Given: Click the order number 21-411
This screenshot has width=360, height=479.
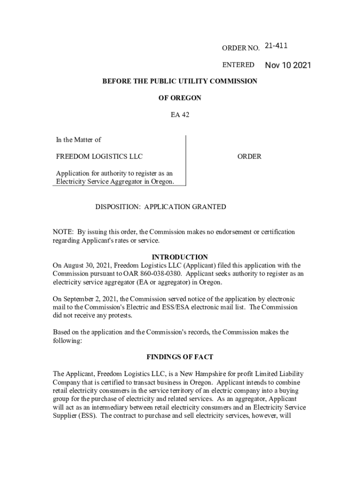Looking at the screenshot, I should pos(276,46).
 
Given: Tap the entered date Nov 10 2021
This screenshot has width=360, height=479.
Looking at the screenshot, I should pos(288,65).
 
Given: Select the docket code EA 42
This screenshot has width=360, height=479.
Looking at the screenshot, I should pos(180,114).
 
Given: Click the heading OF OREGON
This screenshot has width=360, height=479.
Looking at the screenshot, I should pos(180,98).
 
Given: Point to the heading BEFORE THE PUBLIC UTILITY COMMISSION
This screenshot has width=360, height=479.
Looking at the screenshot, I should pos(180,81).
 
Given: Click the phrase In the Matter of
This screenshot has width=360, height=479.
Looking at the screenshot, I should pos(79,139).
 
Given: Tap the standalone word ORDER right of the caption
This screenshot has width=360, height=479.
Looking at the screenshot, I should pos(249,156).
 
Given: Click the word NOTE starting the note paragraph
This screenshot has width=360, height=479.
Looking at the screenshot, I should pos(63,232).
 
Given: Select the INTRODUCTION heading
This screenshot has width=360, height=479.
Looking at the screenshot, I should pos(180,257).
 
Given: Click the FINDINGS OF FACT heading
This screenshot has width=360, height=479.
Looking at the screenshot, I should pos(180,357).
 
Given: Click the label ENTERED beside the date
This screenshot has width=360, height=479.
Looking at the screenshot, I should pos(238,65).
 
